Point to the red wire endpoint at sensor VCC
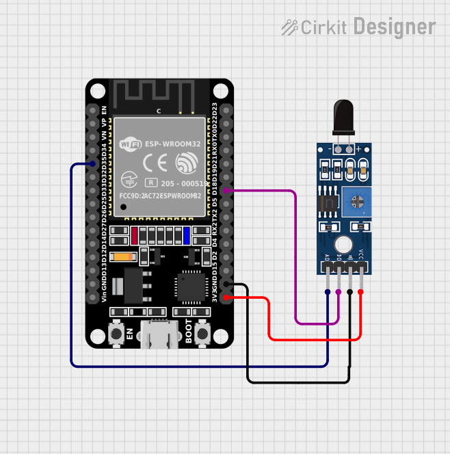tap(360, 292)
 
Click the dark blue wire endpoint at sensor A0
tap(328, 292)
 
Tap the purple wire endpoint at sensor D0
tap(339, 292)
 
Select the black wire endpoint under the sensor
tap(349, 292)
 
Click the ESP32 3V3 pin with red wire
tap(226, 297)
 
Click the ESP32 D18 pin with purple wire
tap(226, 191)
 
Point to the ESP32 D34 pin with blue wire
tap(92, 164)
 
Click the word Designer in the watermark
tap(395, 27)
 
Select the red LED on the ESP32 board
tap(135, 236)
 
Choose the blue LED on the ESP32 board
tap(187, 236)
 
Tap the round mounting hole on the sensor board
tap(343, 243)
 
